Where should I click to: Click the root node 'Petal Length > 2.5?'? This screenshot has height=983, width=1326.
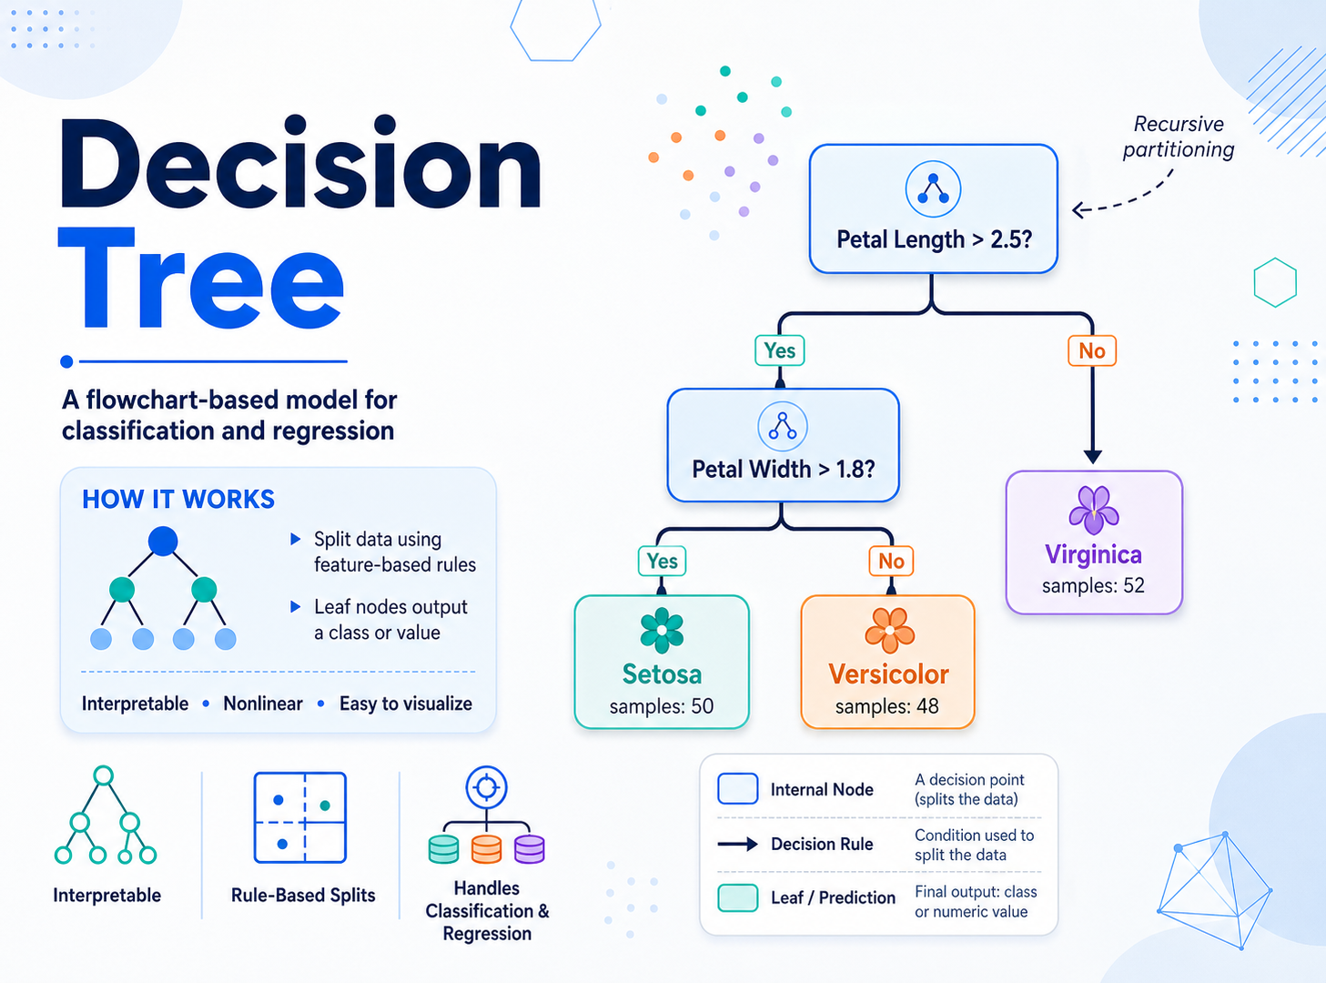tap(933, 208)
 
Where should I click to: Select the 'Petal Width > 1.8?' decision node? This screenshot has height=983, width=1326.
tap(784, 445)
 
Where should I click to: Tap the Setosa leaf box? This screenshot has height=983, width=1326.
tap(662, 662)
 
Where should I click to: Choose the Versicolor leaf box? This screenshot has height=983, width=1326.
tap(887, 662)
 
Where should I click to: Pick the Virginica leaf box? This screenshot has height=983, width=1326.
tap(1094, 542)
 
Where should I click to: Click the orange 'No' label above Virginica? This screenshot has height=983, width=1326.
tap(1092, 351)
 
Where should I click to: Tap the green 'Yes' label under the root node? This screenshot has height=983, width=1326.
tap(780, 350)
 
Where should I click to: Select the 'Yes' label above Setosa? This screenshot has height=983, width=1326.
tap(662, 561)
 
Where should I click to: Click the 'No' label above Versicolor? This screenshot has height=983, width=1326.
tap(891, 561)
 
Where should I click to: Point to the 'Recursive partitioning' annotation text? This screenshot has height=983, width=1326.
tap(1179, 137)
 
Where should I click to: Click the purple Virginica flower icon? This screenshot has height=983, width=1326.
tap(1093, 510)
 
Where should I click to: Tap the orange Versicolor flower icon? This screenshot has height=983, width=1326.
tap(889, 630)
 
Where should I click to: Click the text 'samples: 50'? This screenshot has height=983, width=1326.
tap(662, 706)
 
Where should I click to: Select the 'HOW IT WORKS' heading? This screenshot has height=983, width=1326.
tap(178, 500)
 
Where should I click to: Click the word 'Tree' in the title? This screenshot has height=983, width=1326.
tap(201, 279)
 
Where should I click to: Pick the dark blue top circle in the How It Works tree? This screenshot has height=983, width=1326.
tap(163, 542)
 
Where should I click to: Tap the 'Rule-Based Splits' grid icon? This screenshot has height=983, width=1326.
tap(300, 817)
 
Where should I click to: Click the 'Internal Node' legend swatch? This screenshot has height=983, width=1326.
tap(738, 788)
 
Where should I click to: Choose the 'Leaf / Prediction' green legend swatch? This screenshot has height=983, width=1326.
tap(738, 897)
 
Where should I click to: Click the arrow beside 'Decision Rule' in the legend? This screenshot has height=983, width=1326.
tap(738, 845)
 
